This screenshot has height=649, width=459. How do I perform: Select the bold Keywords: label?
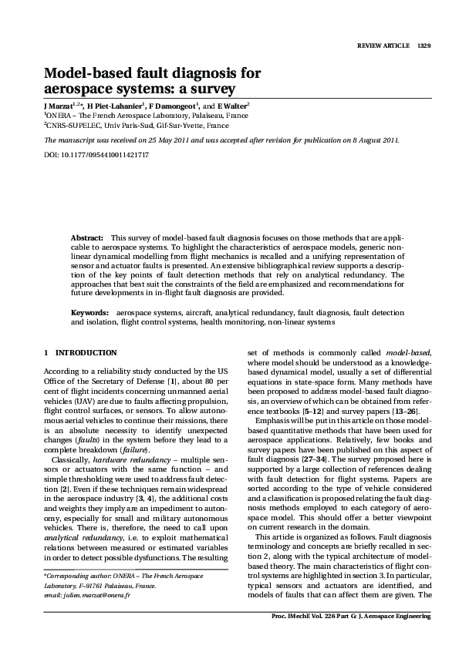(89, 312)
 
